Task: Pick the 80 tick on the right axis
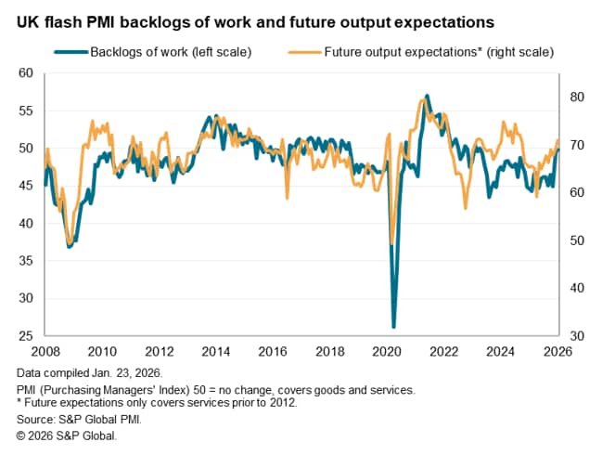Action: pyautogui.click(x=575, y=97)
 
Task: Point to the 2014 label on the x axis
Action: pyautogui.click(x=215, y=351)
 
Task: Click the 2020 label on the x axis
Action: pyautogui.click(x=387, y=351)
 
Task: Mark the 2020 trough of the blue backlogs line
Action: pyautogui.click(x=393, y=327)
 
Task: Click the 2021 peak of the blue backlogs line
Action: pyautogui.click(x=426, y=95)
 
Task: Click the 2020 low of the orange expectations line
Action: pyautogui.click(x=391, y=243)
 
